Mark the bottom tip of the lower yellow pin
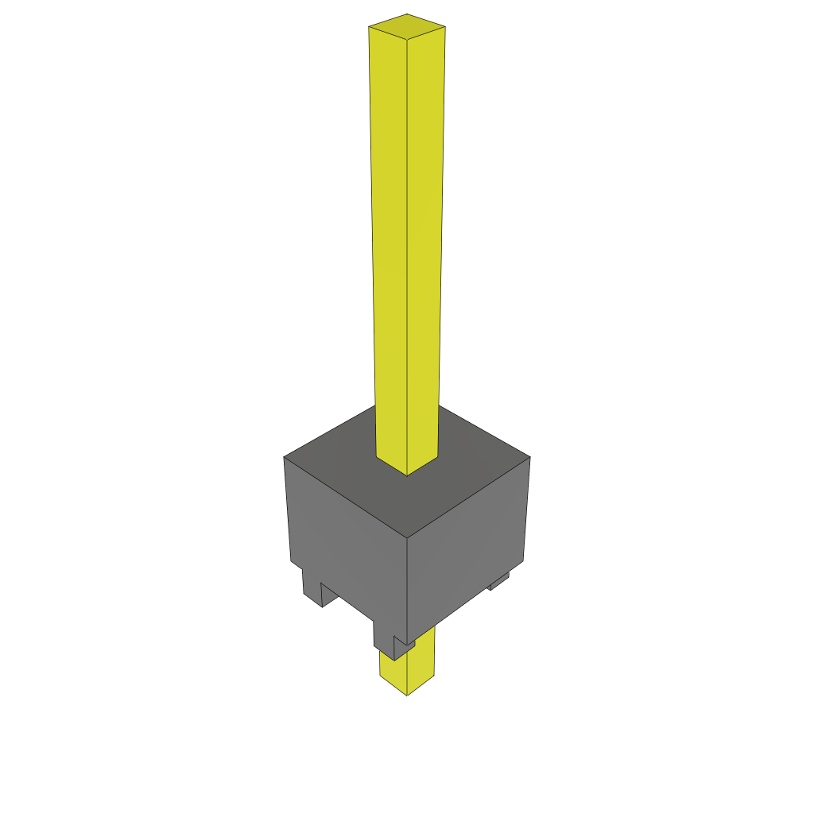click(x=407, y=694)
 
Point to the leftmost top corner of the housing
click(x=285, y=457)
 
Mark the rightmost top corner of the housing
click(x=529, y=457)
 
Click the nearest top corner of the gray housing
click(x=407, y=537)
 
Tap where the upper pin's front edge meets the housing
click(x=407, y=475)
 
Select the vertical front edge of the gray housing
click(x=407, y=588)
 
